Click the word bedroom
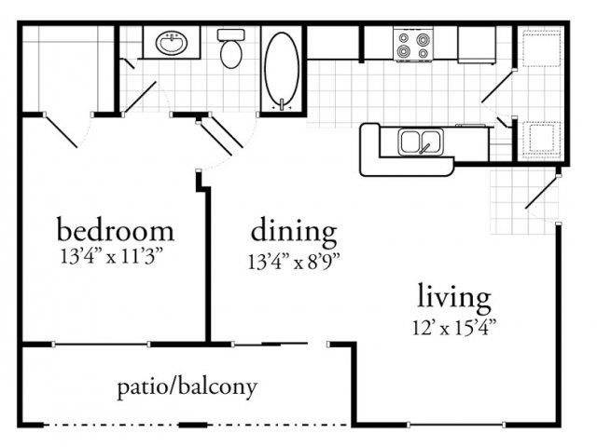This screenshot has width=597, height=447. [x=116, y=229]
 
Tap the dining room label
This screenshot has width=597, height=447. [x=294, y=232]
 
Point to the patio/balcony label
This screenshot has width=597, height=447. [x=187, y=387]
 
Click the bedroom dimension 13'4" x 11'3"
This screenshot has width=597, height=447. [x=112, y=257]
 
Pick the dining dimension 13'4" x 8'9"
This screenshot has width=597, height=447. [x=294, y=262]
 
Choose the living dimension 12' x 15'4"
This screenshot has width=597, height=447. [x=454, y=327]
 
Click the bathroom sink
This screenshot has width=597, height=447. [x=172, y=43]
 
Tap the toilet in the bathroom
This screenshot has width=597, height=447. [x=231, y=48]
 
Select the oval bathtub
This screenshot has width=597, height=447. [x=282, y=69]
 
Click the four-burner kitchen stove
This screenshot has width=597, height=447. [x=413, y=45]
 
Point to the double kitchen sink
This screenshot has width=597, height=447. [x=421, y=142]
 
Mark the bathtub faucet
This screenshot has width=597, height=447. [x=282, y=104]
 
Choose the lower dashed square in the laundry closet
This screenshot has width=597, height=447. [x=541, y=139]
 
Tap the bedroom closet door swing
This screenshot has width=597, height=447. [x=62, y=131]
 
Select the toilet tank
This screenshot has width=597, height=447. [x=231, y=34]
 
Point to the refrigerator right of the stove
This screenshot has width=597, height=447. [x=477, y=45]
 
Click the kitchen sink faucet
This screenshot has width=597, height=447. [x=424, y=148]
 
